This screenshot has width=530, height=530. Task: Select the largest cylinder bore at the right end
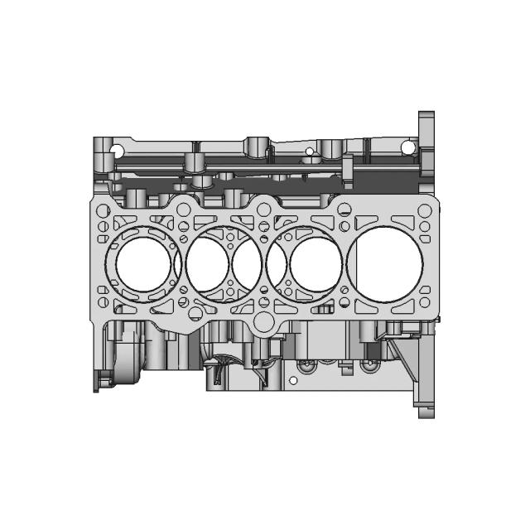[388, 261]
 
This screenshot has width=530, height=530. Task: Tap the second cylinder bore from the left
[208, 264]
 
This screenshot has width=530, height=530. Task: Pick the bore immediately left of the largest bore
[315, 264]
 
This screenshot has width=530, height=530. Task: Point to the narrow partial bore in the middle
[247, 264]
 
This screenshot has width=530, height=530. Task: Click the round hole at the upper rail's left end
[118, 151]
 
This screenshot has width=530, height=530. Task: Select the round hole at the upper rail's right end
[407, 147]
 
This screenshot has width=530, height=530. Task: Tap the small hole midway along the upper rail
[310, 152]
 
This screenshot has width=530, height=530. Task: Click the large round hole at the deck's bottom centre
[264, 322]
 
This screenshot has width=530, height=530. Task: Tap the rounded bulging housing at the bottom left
[124, 364]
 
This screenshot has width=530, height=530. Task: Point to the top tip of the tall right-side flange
[426, 113]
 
